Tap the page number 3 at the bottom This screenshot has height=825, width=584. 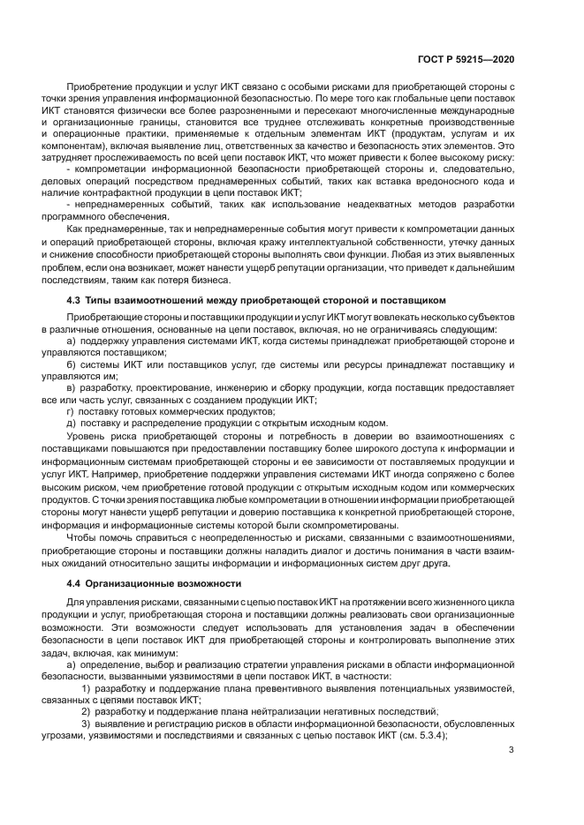(x=512, y=750)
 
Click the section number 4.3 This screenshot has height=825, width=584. (x=76, y=300)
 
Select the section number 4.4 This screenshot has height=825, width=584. (x=76, y=583)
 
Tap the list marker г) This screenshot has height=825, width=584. (x=71, y=411)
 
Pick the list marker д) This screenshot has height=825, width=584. (x=72, y=423)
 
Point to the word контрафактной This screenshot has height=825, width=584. (x=123, y=192)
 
